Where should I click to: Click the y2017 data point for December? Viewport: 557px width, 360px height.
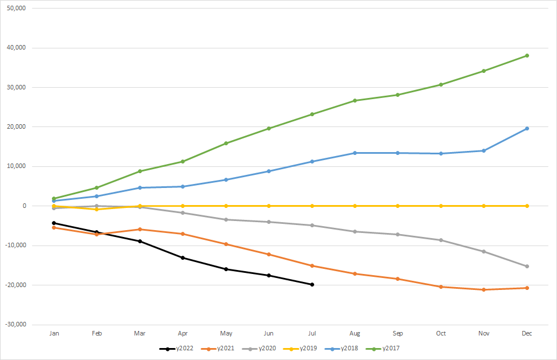point(527,56)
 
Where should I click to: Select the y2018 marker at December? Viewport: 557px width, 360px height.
point(527,129)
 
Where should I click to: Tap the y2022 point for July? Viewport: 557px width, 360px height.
point(312,284)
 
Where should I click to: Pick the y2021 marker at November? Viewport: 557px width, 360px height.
point(483,290)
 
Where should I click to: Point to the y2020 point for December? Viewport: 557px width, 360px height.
point(527,266)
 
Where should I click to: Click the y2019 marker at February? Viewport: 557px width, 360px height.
point(97,210)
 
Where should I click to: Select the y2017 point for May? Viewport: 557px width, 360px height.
point(226,144)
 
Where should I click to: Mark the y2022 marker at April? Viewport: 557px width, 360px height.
point(183,257)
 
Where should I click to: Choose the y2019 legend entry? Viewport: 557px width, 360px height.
point(311,348)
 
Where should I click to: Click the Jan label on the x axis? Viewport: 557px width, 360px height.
point(54,334)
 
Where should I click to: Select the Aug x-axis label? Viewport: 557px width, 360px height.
point(355,334)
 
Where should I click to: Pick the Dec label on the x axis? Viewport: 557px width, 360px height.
point(527,334)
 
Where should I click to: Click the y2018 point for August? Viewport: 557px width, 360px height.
point(355,153)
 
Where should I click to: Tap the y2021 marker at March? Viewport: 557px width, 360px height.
point(140,230)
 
